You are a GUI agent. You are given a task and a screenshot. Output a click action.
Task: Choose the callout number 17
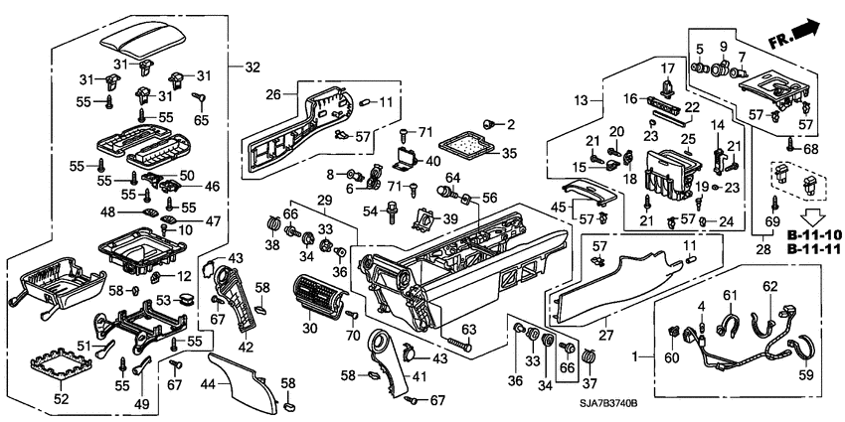[x=667, y=67]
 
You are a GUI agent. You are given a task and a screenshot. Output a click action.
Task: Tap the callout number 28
[x=764, y=247]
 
